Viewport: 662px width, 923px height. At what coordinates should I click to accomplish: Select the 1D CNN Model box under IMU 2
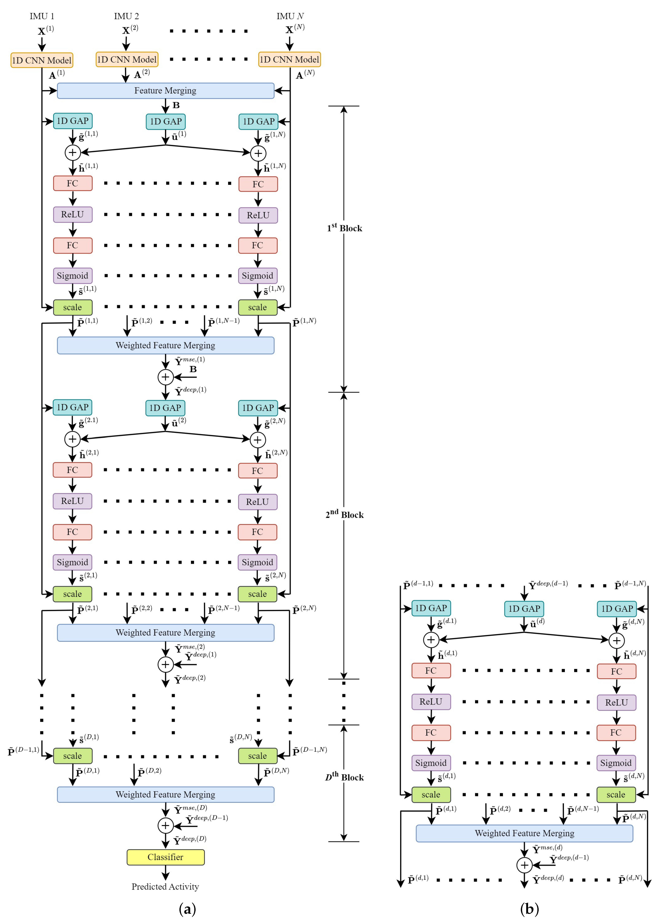point(126,59)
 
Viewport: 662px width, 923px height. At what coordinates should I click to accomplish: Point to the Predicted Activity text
point(165,886)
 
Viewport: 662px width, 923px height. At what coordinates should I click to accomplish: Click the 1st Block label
point(344,228)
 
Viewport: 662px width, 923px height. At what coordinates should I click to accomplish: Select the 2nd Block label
point(344,514)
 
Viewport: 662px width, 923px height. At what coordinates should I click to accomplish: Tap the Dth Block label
point(344,777)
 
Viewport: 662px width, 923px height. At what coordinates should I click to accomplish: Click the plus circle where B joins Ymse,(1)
point(165,377)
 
